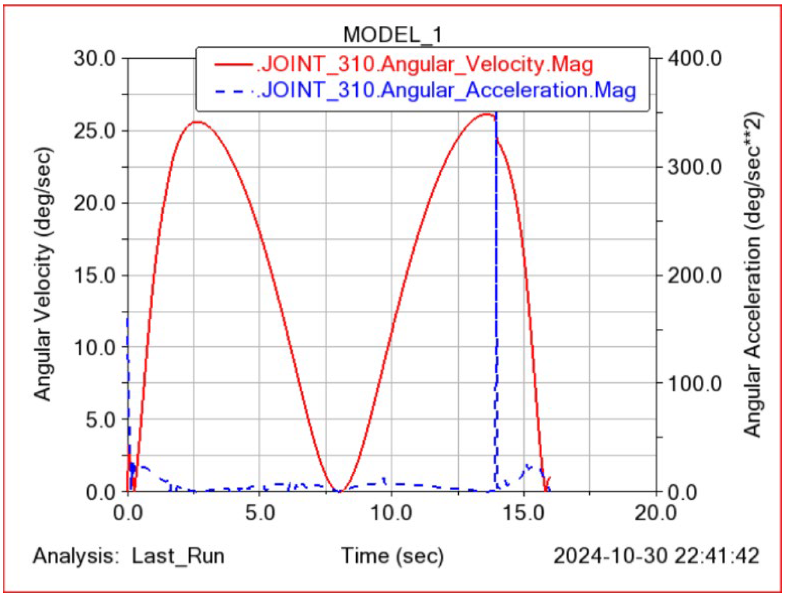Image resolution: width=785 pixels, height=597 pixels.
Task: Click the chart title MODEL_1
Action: point(392,35)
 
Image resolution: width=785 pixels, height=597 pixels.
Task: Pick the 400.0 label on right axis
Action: point(694,58)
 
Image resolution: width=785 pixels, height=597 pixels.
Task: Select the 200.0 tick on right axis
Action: point(694,276)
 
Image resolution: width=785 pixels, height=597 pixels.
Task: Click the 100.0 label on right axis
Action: point(694,384)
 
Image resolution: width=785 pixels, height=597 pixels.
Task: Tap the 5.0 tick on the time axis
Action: point(260,513)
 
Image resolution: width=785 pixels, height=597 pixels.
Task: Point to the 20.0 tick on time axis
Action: point(655,513)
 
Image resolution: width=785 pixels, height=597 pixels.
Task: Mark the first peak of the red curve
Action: point(198,122)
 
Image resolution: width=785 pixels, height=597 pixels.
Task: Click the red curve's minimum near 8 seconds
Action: point(339,491)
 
